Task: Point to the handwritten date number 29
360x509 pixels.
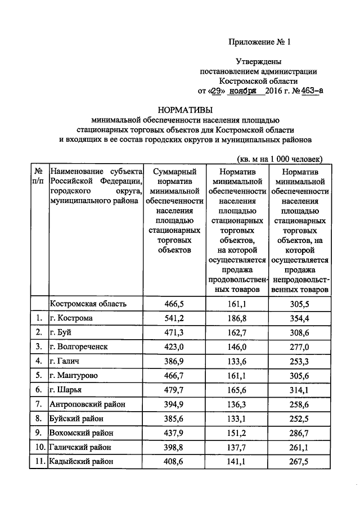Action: click(x=217, y=90)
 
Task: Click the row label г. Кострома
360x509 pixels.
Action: click(x=71, y=318)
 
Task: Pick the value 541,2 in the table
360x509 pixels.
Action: click(x=174, y=318)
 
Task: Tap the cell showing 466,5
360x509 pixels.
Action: click(x=174, y=304)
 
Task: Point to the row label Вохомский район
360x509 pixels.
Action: click(x=82, y=433)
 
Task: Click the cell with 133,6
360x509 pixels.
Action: click(x=237, y=361)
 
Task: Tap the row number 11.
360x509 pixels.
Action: click(x=38, y=461)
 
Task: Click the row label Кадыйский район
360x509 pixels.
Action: click(x=82, y=461)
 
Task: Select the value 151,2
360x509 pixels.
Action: click(x=237, y=433)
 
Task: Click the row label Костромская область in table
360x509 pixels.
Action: click(x=88, y=304)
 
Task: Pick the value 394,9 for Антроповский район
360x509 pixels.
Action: click(x=174, y=404)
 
